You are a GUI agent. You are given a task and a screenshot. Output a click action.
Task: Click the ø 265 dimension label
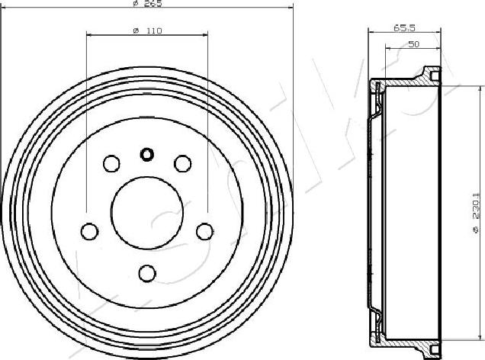[147, 4]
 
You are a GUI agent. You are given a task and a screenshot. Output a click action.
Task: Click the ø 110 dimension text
[147, 30]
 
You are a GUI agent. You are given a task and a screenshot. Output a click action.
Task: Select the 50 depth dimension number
[413, 44]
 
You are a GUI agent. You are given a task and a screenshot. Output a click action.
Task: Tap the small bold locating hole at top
[147, 155]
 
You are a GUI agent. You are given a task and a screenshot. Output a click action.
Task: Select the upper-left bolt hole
[111, 163]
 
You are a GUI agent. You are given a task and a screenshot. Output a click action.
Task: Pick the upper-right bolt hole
[182, 163]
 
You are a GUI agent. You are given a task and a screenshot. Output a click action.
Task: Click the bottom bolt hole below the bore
[147, 272]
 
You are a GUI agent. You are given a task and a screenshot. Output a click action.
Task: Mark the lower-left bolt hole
[90, 230]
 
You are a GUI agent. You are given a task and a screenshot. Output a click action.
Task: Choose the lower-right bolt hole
[204, 230]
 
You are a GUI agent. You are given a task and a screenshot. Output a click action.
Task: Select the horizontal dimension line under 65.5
[404, 32]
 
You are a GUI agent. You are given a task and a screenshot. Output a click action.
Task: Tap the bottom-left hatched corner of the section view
[377, 336]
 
